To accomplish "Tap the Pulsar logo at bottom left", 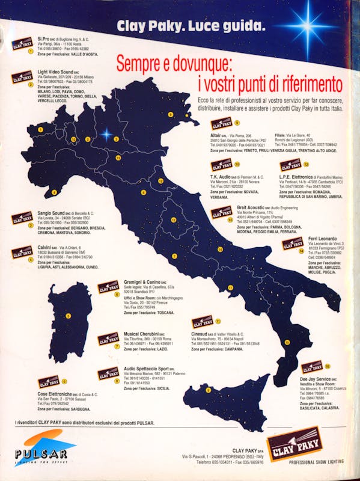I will click(37, 450).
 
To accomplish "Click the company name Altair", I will click(218, 136).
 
